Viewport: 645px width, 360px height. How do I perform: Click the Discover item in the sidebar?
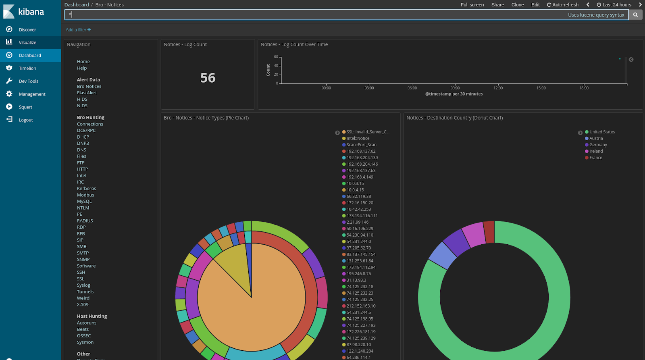[27, 30]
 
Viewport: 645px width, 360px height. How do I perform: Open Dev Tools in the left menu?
[28, 81]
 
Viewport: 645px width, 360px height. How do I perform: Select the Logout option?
[25, 120]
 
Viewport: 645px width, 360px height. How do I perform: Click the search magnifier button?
[635, 15]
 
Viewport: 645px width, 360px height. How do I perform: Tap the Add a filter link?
[78, 30]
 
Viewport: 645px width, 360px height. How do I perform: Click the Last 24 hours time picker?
[614, 5]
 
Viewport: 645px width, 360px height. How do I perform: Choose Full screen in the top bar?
[472, 5]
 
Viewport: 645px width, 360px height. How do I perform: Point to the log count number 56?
[208, 78]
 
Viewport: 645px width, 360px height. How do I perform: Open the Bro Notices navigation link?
[89, 86]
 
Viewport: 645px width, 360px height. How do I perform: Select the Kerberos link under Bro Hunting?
[86, 189]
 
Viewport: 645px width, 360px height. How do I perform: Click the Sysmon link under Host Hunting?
[85, 342]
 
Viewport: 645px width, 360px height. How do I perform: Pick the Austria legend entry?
[596, 138]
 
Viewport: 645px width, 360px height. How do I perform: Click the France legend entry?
[595, 158]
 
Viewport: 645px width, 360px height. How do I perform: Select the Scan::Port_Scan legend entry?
[361, 145]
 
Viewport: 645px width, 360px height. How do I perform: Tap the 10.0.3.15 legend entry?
[355, 183]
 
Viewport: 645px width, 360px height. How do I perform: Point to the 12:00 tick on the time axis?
[498, 88]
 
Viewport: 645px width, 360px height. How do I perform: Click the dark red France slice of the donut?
[489, 232]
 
